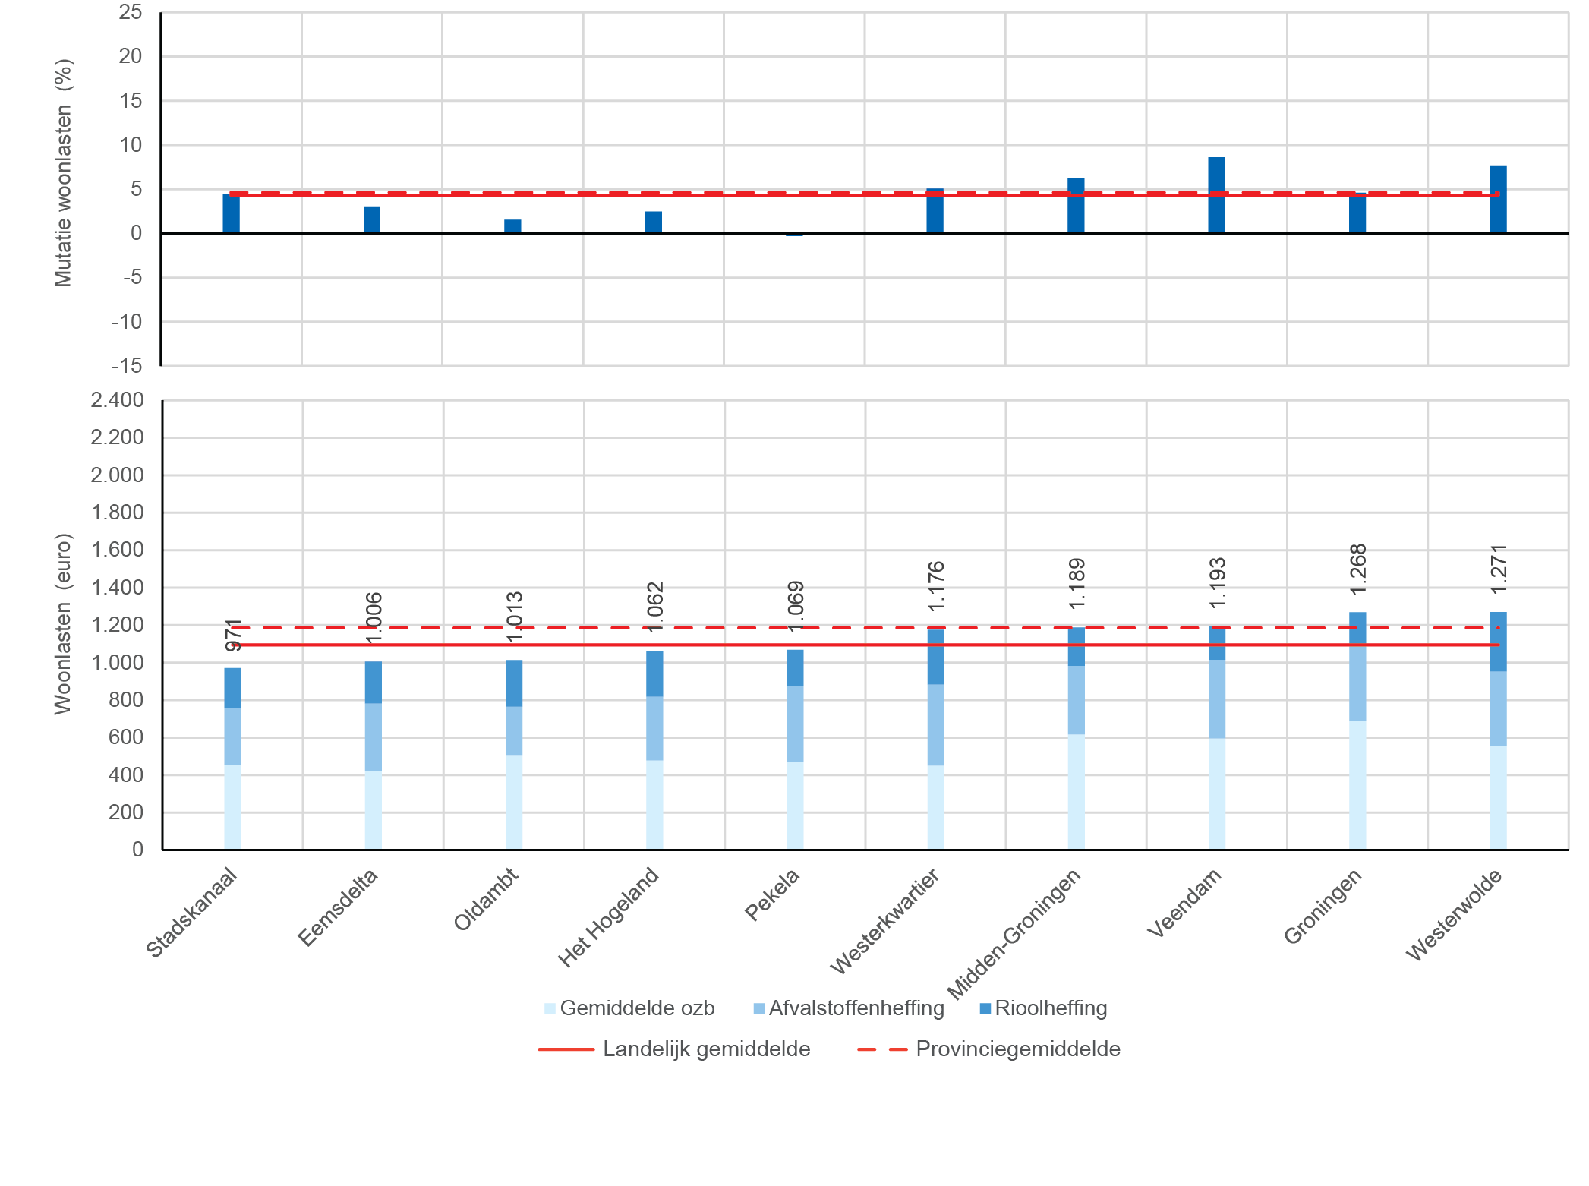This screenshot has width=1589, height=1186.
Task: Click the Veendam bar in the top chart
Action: [x=1216, y=195]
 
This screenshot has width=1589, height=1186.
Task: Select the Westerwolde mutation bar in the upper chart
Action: [x=1498, y=199]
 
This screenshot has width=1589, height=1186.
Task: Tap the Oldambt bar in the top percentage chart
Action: [x=512, y=226]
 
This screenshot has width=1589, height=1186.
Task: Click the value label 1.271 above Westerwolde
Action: [x=1499, y=569]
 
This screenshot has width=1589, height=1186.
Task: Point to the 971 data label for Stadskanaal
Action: [x=234, y=635]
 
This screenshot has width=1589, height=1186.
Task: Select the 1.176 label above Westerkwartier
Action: [x=936, y=585]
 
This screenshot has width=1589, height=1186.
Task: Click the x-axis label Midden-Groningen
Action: [x=1014, y=934]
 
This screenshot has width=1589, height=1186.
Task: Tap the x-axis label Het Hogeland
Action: [x=608, y=917]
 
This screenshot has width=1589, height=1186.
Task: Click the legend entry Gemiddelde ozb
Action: [x=629, y=1008]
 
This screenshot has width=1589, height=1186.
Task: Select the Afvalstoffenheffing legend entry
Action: [x=849, y=1008]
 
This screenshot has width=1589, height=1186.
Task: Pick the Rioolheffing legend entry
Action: [x=1043, y=1008]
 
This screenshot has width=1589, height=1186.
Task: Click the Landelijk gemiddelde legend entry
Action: [x=675, y=1049]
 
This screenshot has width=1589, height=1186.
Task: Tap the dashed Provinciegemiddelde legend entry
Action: [x=989, y=1049]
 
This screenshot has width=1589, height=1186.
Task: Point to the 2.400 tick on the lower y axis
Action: [x=117, y=400]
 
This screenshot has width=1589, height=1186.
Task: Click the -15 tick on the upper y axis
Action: [x=127, y=366]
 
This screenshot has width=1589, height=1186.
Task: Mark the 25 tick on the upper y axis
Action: [x=131, y=12]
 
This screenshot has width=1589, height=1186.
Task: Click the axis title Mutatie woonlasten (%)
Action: [x=64, y=173]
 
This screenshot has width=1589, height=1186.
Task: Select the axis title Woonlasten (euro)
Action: [x=63, y=624]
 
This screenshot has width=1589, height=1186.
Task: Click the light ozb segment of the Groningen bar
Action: [x=1357, y=785]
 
